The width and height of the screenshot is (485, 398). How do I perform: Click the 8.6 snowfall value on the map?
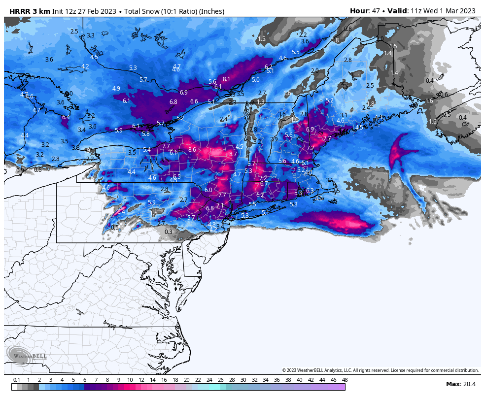point(192,150)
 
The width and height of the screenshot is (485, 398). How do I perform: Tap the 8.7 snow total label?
point(233,154)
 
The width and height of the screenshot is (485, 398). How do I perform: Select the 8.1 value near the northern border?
point(226,79)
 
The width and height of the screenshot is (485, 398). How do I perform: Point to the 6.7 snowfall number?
point(264,184)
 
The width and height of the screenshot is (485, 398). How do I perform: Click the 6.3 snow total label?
point(310,191)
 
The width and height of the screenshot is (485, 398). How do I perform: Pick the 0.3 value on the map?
point(169,232)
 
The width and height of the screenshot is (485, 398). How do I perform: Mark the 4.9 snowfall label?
point(116,89)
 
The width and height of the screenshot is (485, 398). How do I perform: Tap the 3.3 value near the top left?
point(91,36)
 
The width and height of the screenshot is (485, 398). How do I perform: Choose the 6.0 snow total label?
point(208,190)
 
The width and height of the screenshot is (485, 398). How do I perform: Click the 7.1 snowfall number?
point(220,205)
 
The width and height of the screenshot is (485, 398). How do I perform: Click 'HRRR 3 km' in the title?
point(30,11)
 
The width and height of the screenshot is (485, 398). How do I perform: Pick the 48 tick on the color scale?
point(345,380)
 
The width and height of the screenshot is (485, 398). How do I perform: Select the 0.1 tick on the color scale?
point(16,380)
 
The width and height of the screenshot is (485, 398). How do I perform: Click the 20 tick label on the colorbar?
point(187,380)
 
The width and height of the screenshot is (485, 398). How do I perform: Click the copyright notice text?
point(380,370)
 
